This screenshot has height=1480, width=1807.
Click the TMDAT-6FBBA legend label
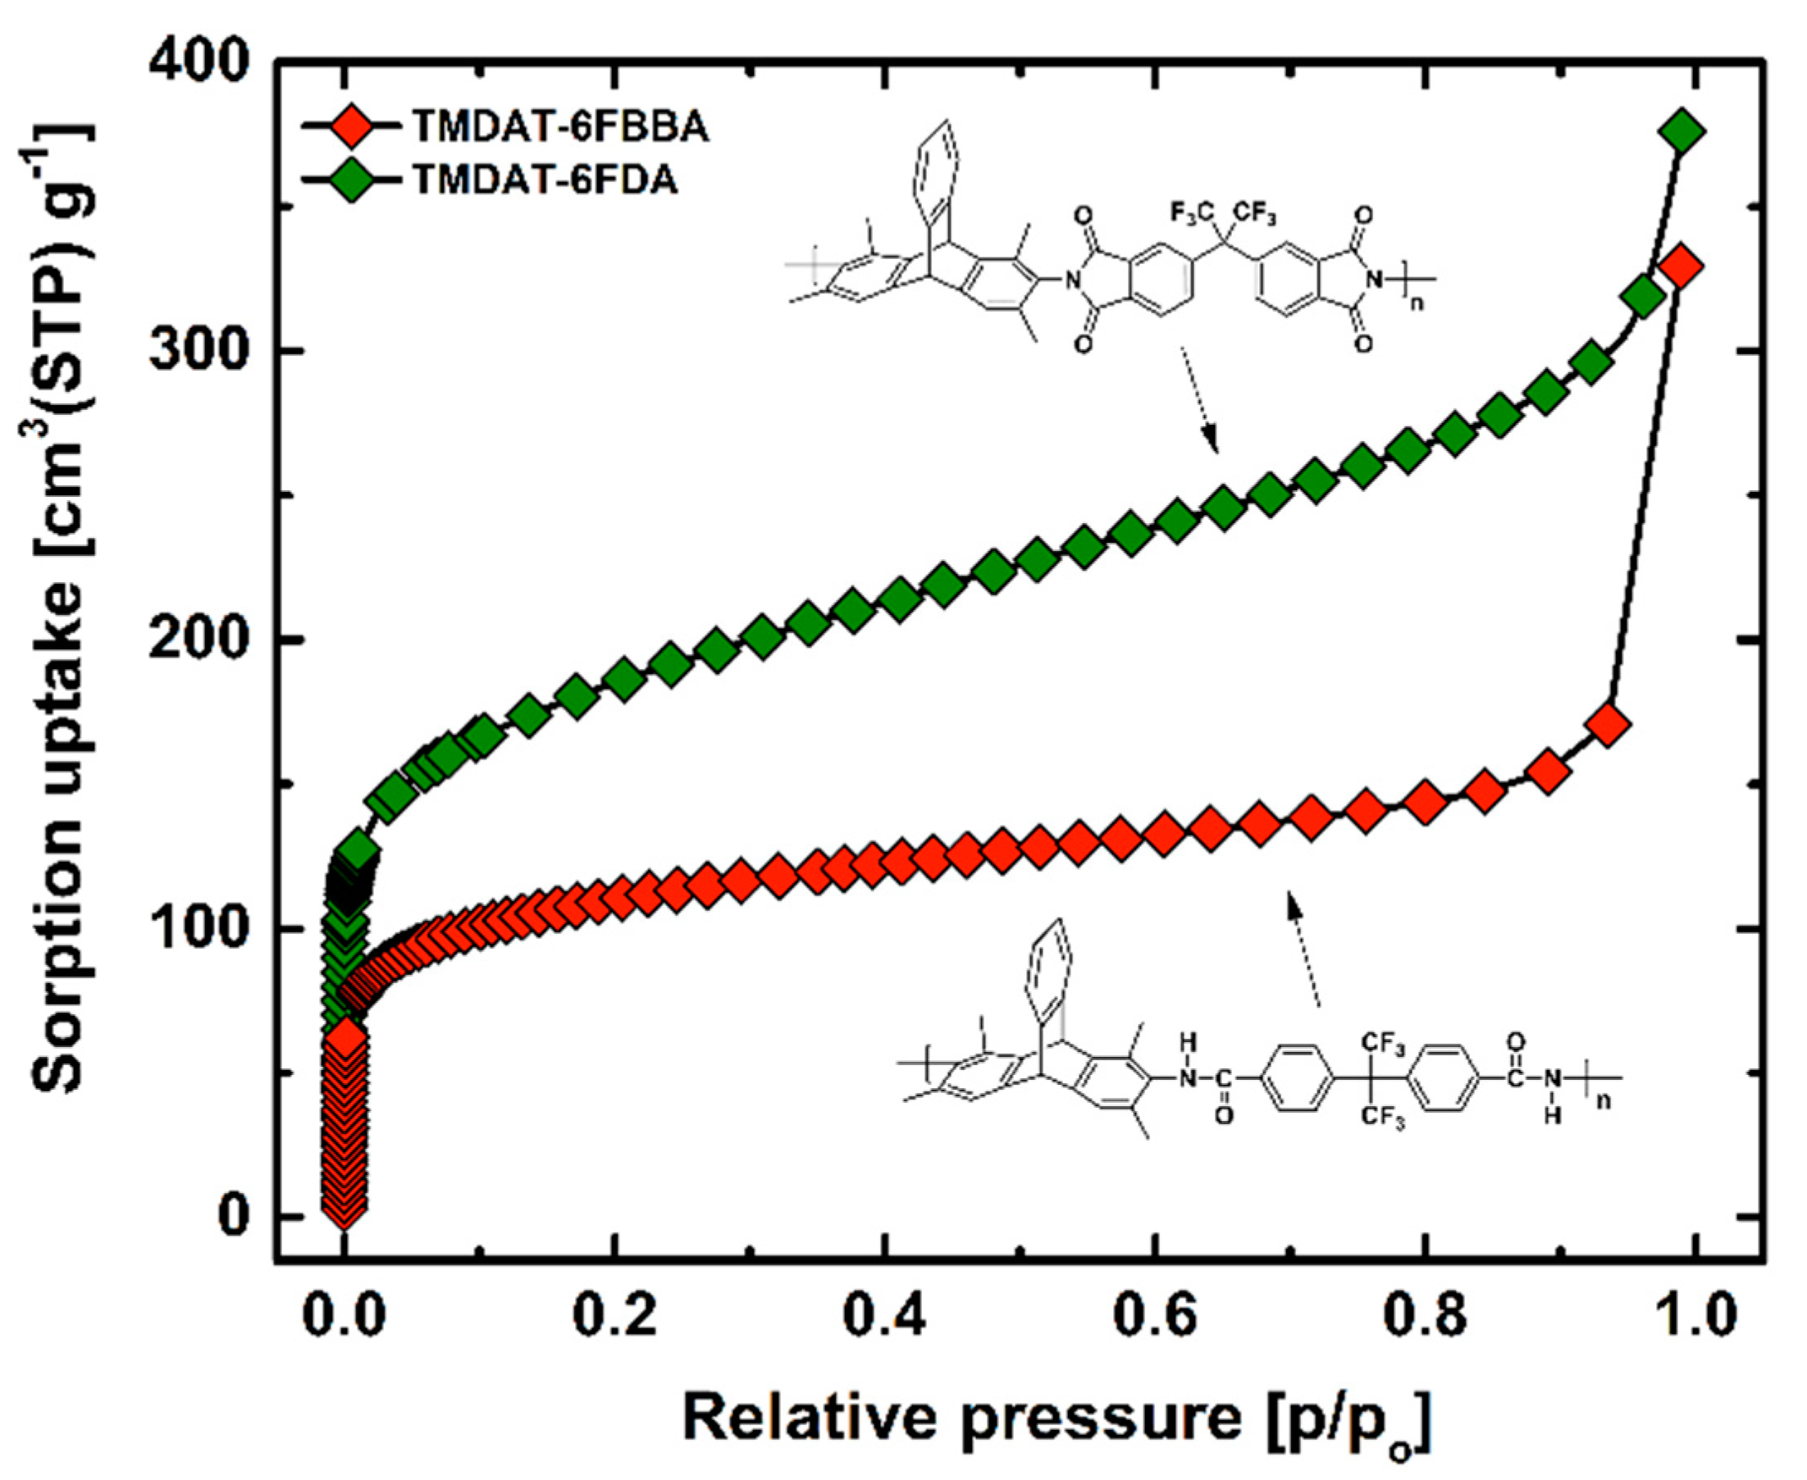560,128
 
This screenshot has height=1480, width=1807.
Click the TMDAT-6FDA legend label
545,180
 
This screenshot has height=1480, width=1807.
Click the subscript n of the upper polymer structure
1417,303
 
